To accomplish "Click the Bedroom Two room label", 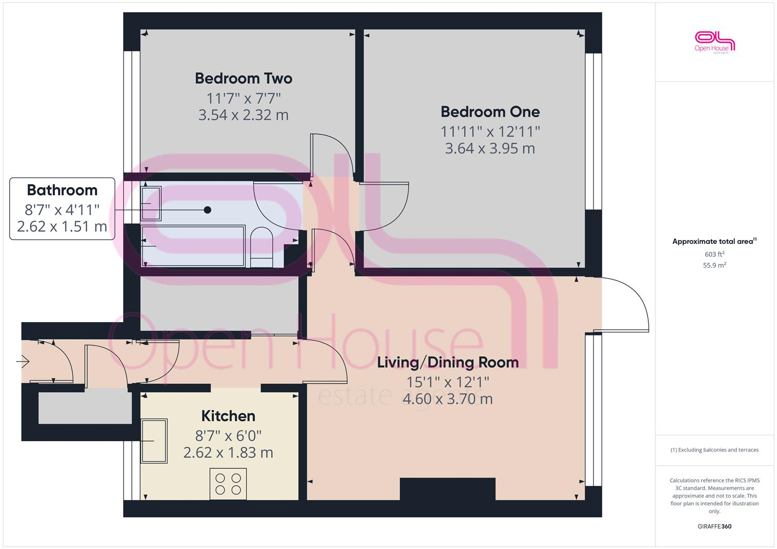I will [x=243, y=78].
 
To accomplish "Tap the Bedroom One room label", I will [x=490, y=112].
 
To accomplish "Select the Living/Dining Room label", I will [x=447, y=362].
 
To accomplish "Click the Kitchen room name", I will [x=228, y=416].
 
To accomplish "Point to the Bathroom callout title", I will [x=62, y=190].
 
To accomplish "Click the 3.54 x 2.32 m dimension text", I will [x=243, y=115].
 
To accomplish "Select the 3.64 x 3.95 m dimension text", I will [x=490, y=148].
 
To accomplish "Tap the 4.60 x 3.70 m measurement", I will [x=447, y=399].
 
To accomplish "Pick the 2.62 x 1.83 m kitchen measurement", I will [x=228, y=452].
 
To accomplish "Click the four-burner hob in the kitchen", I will [x=228, y=483].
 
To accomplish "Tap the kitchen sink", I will [x=154, y=441].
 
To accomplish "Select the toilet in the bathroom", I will [x=262, y=248].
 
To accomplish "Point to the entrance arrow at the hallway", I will [x=23, y=362].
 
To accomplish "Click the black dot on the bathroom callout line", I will [x=207, y=209].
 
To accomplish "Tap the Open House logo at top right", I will [x=714, y=42].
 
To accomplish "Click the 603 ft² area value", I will [x=714, y=254].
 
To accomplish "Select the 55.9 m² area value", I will [x=714, y=265].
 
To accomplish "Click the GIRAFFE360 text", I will [x=714, y=526].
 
